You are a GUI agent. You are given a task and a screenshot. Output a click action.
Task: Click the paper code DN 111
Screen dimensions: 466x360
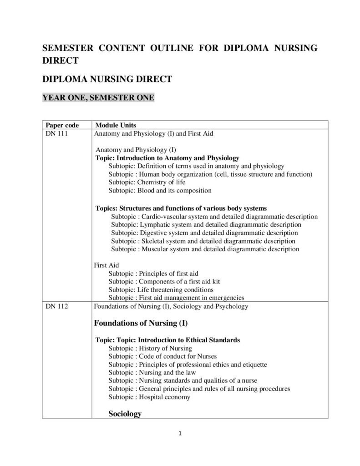pyautogui.click(x=57, y=134)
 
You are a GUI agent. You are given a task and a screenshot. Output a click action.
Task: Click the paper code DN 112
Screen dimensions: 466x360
pyautogui.click(x=57, y=306)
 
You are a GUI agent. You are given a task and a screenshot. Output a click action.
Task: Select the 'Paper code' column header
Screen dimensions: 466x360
pyautogui.click(x=62, y=125)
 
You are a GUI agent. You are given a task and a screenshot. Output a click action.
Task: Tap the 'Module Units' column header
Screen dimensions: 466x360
pyautogui.click(x=115, y=125)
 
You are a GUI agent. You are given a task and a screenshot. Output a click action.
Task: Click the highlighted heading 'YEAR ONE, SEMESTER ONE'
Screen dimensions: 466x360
pyautogui.click(x=98, y=97)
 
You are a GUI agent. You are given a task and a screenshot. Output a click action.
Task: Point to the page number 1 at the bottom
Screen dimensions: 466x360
pyautogui.click(x=180, y=433)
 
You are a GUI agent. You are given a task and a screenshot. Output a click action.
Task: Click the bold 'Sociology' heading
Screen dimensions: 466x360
pyautogui.click(x=125, y=414)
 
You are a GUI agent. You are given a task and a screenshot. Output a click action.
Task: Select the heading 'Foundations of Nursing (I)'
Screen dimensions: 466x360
pyautogui.click(x=141, y=324)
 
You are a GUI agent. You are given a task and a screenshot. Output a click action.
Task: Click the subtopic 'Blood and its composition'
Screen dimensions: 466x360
pyautogui.click(x=160, y=191)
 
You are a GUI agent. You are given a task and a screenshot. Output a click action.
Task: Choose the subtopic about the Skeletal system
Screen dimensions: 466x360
pyautogui.click(x=203, y=241)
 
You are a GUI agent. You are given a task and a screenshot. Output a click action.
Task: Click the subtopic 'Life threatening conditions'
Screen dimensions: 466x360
pyautogui.click(x=161, y=290)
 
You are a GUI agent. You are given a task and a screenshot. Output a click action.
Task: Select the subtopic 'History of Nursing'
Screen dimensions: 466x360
pyautogui.click(x=150, y=348)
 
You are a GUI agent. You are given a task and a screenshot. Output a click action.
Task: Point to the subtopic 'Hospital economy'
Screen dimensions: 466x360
pyautogui.click(x=149, y=397)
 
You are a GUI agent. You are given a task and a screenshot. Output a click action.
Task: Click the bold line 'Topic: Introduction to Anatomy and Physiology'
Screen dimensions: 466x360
pyautogui.click(x=167, y=158)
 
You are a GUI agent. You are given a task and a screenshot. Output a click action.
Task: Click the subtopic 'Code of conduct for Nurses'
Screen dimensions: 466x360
pyautogui.click(x=162, y=356)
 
